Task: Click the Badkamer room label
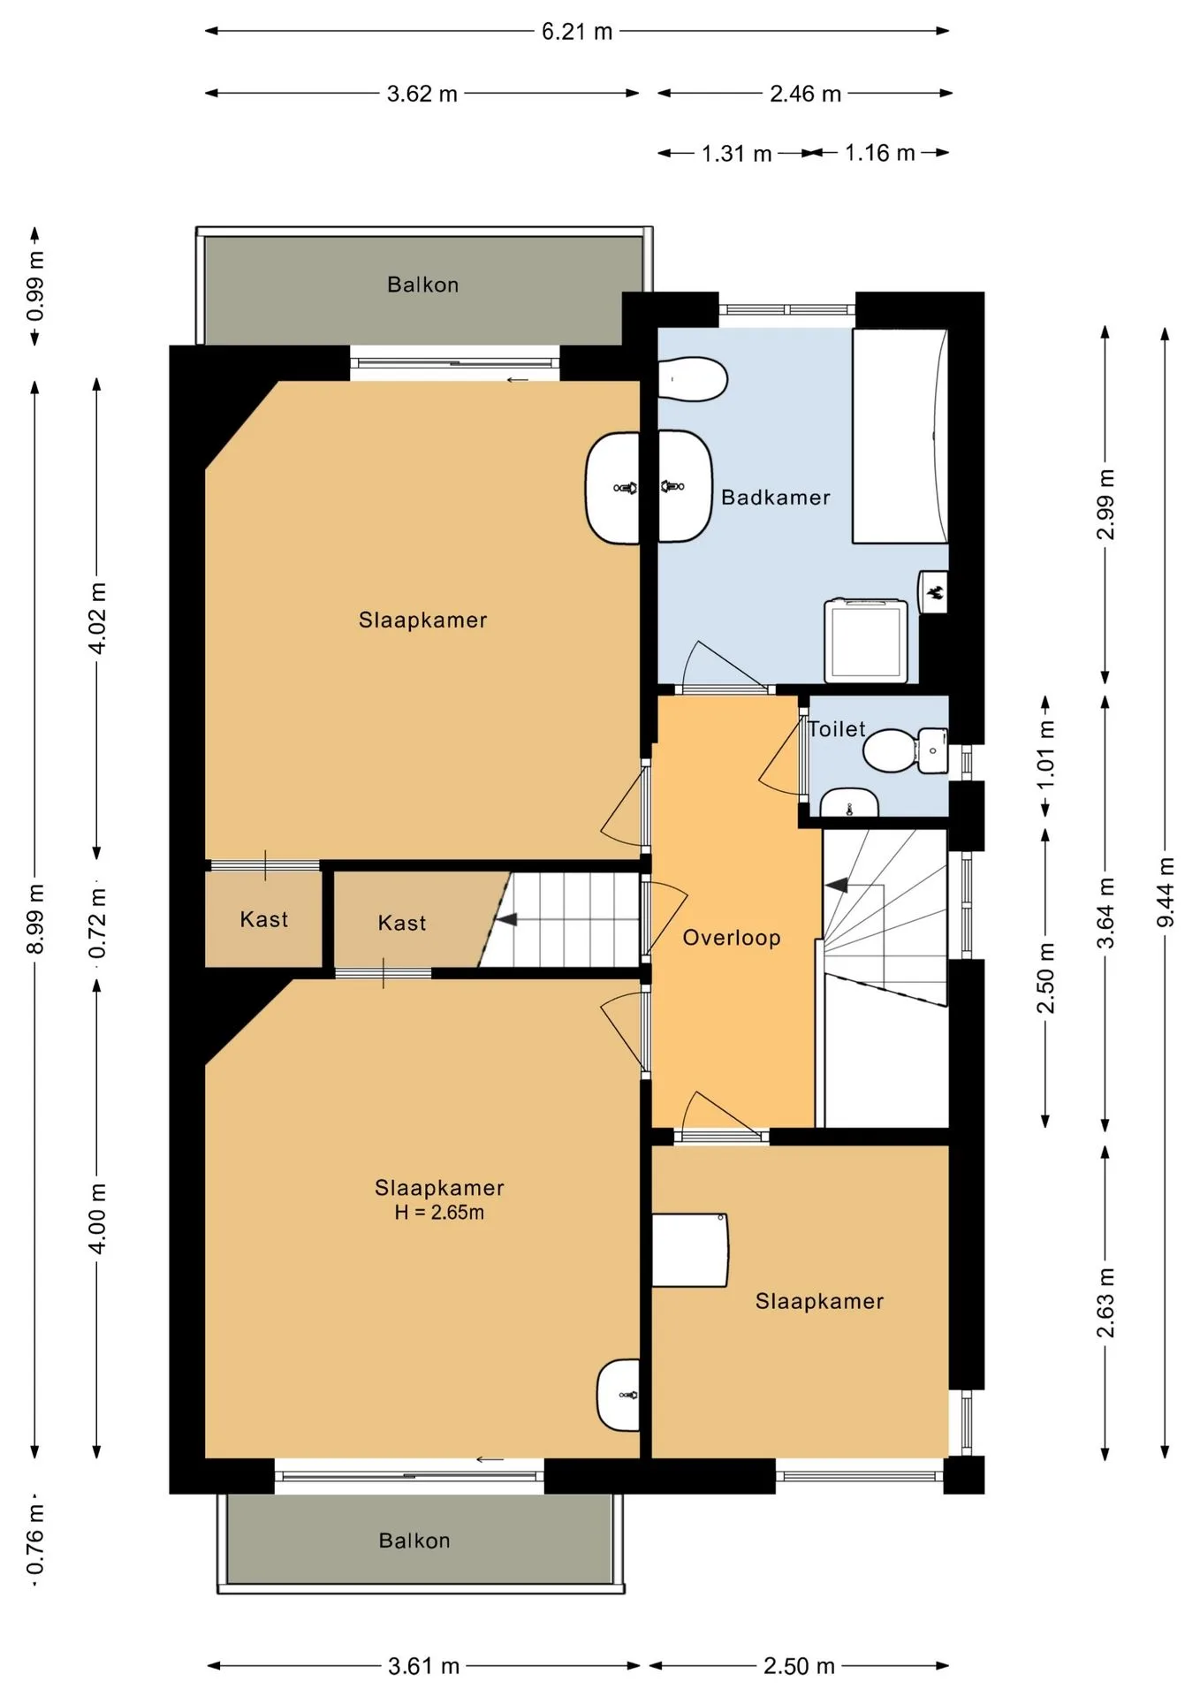pyautogui.click(x=775, y=498)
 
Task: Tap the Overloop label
pyautogui.click(x=732, y=938)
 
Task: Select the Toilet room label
pyautogui.click(x=837, y=729)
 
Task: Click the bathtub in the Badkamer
pyautogui.click(x=900, y=436)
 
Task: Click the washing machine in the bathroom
pyautogui.click(x=867, y=641)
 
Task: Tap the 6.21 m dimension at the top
pyautogui.click(x=577, y=32)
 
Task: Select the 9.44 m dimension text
pyautogui.click(x=1166, y=893)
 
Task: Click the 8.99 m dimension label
pyautogui.click(x=35, y=918)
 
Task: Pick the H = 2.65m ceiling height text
pyautogui.click(x=439, y=1213)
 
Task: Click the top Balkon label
pyautogui.click(x=422, y=285)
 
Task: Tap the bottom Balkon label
pyautogui.click(x=414, y=1541)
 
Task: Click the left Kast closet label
pyautogui.click(x=263, y=919)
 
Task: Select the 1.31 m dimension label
pyautogui.click(x=736, y=154)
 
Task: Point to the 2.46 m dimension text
pyautogui.click(x=805, y=94)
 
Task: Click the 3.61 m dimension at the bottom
pyautogui.click(x=423, y=1666)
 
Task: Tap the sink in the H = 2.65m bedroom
pyautogui.click(x=618, y=1395)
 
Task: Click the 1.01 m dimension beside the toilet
pyautogui.click(x=1046, y=756)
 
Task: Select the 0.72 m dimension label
pyautogui.click(x=97, y=924)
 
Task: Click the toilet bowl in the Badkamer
pyautogui.click(x=693, y=379)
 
